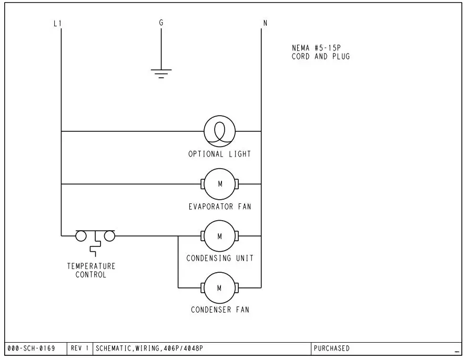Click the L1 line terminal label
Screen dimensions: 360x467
tap(58, 23)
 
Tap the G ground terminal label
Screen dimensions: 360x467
tap(161, 23)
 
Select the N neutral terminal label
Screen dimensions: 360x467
tap(265, 23)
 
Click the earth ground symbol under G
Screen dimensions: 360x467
tap(161, 73)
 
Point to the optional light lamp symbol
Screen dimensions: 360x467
tap(220, 131)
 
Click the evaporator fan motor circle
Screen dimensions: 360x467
tap(220, 184)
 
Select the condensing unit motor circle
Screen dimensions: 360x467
tap(220, 236)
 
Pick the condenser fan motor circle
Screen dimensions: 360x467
tap(220, 287)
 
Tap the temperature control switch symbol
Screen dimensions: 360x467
tap(95, 238)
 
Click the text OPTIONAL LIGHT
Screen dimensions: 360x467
tap(220, 154)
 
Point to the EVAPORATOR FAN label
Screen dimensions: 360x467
tap(220, 207)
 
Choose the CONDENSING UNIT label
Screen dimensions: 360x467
tap(220, 258)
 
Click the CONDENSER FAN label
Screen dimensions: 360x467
tap(220, 310)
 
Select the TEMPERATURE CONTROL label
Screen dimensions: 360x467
tap(91, 270)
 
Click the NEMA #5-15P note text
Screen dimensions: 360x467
tap(321, 52)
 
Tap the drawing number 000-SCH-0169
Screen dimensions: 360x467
tap(32, 348)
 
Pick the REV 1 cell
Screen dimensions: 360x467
tap(80, 348)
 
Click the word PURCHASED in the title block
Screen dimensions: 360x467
tap(331, 348)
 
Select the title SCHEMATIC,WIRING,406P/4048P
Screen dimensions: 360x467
tap(149, 348)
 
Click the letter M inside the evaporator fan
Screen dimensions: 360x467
tap(220, 184)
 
